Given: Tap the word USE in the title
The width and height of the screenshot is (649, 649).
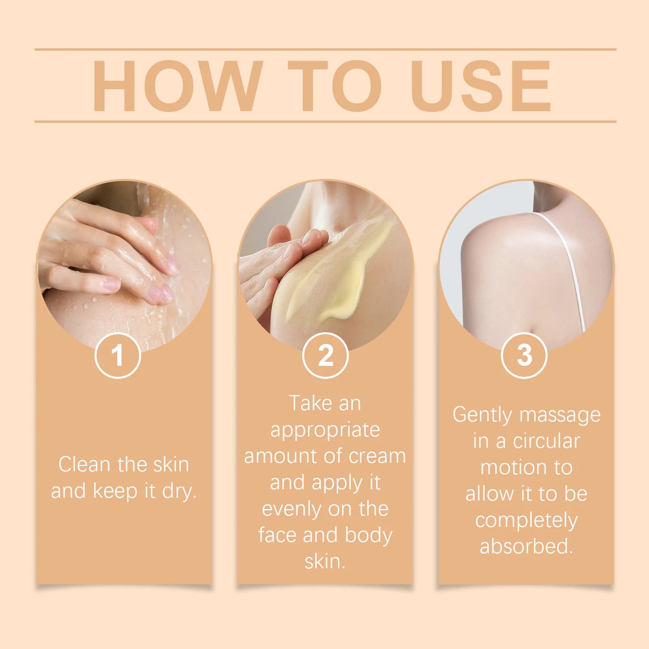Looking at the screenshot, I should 481,86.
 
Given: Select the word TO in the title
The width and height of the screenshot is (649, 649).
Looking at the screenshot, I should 335,86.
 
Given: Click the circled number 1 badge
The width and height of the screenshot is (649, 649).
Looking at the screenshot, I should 118,355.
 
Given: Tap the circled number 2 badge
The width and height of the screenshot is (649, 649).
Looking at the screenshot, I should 325,355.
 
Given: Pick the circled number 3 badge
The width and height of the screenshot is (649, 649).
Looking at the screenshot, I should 524,355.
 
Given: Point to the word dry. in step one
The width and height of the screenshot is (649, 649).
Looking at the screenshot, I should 179,491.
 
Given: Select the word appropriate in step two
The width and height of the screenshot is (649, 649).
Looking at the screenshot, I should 325,430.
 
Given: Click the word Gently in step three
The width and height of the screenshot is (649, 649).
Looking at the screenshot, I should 482,415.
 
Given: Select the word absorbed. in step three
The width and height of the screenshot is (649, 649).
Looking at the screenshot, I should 526,547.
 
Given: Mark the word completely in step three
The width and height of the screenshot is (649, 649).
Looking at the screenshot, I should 526,521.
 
